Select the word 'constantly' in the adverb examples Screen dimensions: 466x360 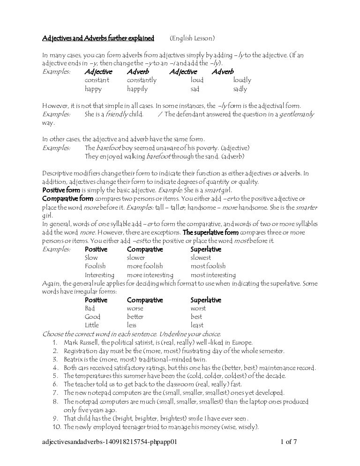142,80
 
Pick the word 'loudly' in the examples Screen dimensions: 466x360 242,80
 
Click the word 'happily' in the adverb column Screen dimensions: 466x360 137,89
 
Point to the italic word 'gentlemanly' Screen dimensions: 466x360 297,114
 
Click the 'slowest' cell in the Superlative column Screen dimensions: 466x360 201,258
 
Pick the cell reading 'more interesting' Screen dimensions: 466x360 150,275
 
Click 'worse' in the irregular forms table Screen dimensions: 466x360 135,308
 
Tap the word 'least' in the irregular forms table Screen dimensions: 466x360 197,325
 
